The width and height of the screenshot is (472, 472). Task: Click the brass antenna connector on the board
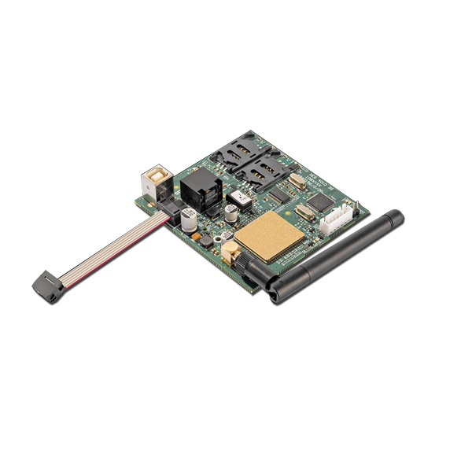tap(230, 253)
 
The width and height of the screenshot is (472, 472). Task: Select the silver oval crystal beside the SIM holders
tap(295, 181)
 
